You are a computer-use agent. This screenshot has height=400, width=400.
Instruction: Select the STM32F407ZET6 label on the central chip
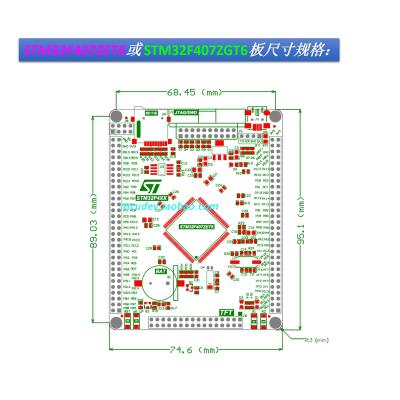pyautogui.click(x=196, y=227)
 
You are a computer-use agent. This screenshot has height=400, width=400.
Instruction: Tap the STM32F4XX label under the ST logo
pyautogui.click(x=148, y=198)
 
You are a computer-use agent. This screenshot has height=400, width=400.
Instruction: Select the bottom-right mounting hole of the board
pyautogui.click(x=274, y=322)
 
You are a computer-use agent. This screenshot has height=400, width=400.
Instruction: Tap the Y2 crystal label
pyautogui.click(x=229, y=267)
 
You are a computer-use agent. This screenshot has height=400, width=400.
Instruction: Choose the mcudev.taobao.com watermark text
pyautogui.click(x=170, y=206)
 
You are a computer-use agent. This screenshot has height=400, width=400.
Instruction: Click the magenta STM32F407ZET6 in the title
pyautogui.click(x=73, y=51)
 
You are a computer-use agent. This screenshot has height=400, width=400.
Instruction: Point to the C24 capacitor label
pyautogui.click(x=218, y=185)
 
